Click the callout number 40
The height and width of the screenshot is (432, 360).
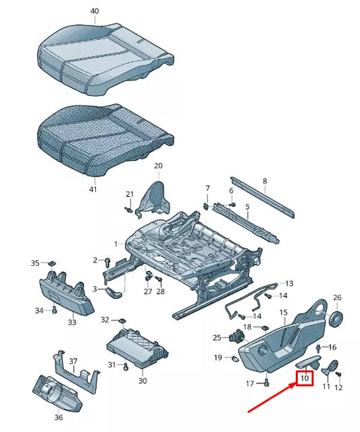click(x=94, y=11)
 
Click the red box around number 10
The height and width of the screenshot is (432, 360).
click(x=305, y=379)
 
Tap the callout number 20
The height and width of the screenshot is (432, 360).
click(x=158, y=166)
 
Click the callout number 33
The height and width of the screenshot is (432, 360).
click(x=72, y=322)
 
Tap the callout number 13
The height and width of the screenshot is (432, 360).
click(x=289, y=283)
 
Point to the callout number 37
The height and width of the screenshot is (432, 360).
click(x=73, y=361)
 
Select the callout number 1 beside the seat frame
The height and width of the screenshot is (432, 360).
click(x=115, y=243)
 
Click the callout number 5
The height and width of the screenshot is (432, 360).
click(x=247, y=206)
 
